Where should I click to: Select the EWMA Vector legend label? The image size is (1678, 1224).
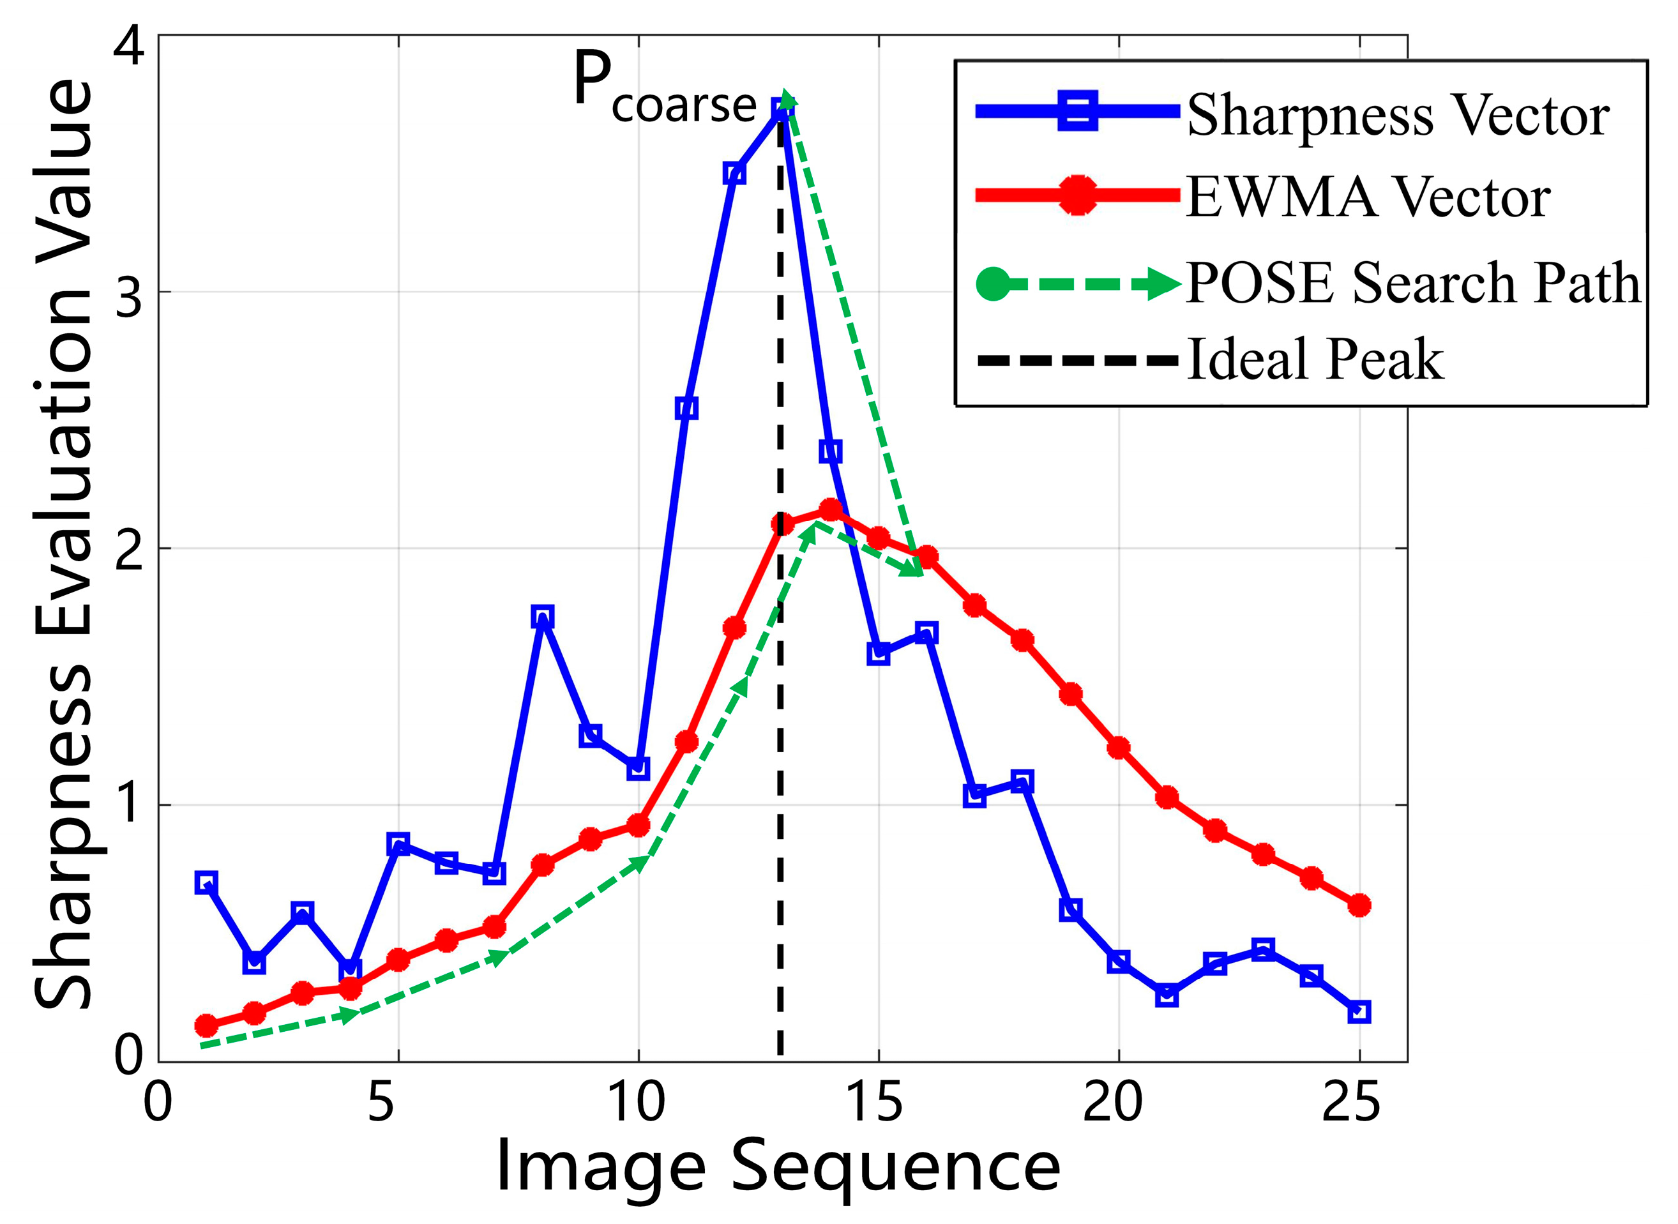click(1367, 197)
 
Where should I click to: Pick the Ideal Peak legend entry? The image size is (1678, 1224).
click(1315, 360)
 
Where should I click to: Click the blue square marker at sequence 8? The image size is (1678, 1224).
click(542, 616)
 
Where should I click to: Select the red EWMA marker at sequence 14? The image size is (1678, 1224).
click(831, 510)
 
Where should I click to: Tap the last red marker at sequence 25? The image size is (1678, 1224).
click(1358, 905)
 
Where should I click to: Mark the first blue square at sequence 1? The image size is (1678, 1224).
click(206, 883)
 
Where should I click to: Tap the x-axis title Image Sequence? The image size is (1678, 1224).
click(778, 1168)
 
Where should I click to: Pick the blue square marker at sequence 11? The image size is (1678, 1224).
click(686, 408)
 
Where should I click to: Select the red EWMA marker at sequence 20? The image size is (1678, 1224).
click(1118, 748)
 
